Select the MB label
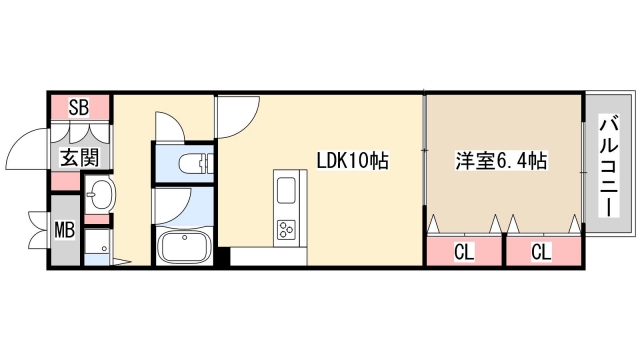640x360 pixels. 63,232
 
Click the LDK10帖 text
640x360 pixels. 352,160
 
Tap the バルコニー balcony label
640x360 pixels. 606,165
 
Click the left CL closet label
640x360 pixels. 463,251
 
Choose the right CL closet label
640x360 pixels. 541,251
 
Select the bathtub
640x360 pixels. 182,245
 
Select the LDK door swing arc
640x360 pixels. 236,118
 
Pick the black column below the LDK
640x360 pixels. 223,256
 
